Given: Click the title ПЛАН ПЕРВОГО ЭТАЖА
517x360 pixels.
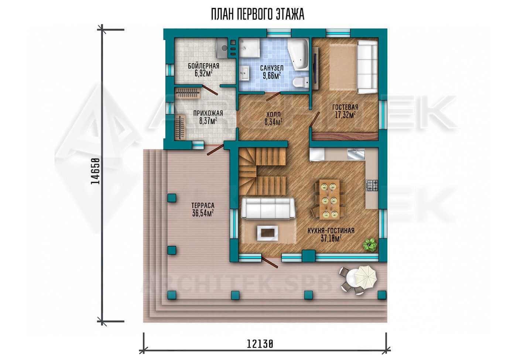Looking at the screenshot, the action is pyautogui.click(x=258, y=14).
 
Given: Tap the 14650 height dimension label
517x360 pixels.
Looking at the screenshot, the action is pyautogui.click(x=95, y=171).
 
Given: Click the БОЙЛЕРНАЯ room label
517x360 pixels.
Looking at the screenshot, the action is pyautogui.click(x=203, y=66).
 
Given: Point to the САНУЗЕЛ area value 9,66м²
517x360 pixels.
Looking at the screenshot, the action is pyautogui.click(x=272, y=75).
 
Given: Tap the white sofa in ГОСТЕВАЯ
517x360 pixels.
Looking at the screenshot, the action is pyautogui.click(x=367, y=66).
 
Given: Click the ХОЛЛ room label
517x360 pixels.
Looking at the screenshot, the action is pyautogui.click(x=274, y=114).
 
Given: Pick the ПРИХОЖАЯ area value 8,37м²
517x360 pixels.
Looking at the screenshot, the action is pyautogui.click(x=208, y=121).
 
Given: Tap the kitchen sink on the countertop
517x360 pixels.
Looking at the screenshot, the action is pyautogui.click(x=356, y=154).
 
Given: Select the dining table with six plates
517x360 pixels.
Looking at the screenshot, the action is pyautogui.click(x=329, y=199).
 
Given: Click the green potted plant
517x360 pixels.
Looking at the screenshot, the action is pyautogui.click(x=370, y=245).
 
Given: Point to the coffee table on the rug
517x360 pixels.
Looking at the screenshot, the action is pyautogui.click(x=268, y=233).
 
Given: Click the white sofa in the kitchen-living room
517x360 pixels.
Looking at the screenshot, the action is pyautogui.click(x=268, y=208).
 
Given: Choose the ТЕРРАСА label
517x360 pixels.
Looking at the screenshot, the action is pyautogui.click(x=203, y=205).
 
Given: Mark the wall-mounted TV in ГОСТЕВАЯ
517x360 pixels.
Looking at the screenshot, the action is pyautogui.click(x=315, y=68).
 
